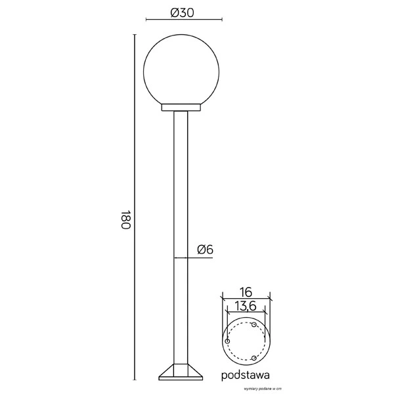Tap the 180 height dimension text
pos(125,220)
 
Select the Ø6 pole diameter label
pos(205,249)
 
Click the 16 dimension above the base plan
pos(246,292)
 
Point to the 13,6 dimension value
pos(245,306)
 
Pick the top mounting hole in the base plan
pos(253,325)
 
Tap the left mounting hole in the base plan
pos(227,342)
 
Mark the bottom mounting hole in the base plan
pos(253,358)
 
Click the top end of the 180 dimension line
pos(135,35)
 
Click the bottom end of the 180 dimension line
pos(135,380)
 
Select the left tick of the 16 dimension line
pos(223,299)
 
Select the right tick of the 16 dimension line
pos(269,299)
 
